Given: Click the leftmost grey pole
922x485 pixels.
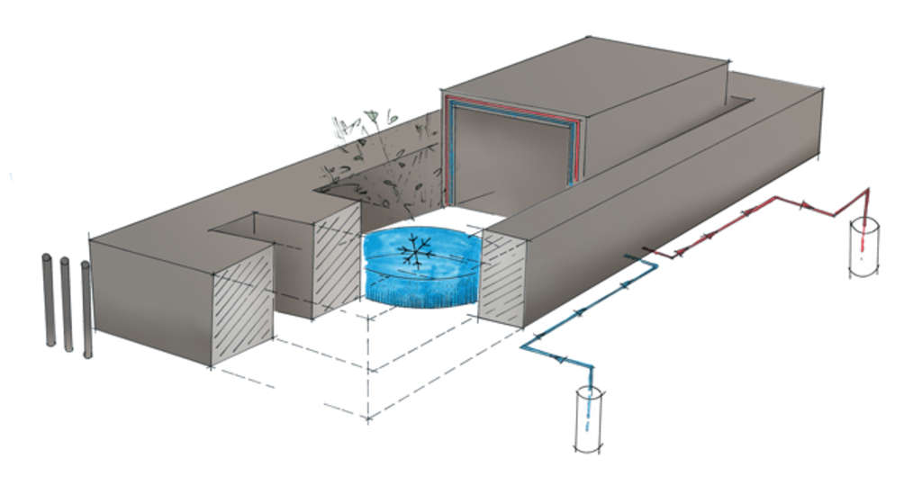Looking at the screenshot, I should click(49, 300).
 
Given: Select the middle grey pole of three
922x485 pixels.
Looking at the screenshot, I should click(66, 303).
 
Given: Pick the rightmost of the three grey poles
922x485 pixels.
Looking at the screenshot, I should click(86, 309).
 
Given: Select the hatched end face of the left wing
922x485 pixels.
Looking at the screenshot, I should click(241, 307).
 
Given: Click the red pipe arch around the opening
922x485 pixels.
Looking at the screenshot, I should click(513, 107).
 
